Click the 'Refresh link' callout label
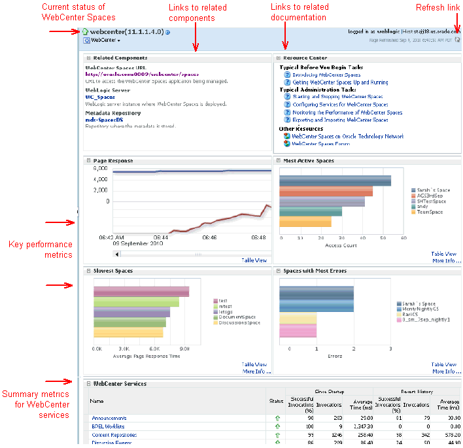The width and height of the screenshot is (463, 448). click(437, 7)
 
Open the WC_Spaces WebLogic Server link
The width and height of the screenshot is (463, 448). click(100, 97)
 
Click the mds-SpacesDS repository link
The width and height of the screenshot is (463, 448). click(104, 120)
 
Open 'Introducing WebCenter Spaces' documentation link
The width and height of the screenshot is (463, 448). click(326, 75)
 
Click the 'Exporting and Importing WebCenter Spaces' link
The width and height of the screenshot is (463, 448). click(339, 120)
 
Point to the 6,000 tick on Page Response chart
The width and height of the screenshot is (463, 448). click(100, 168)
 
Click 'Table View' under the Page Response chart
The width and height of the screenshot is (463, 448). click(254, 260)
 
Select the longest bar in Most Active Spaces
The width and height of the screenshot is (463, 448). click(335, 181)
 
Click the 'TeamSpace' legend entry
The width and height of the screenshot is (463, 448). click(430, 213)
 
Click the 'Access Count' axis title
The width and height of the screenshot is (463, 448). click(341, 245)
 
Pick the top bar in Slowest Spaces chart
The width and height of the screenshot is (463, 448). click(141, 292)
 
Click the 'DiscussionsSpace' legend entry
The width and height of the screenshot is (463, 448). click(240, 322)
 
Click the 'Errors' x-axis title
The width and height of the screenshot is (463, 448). click(335, 356)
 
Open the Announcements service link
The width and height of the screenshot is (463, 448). click(109, 418)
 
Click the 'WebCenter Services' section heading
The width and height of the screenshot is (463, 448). click(120, 384)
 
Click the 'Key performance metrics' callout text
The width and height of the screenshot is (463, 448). click(40, 249)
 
